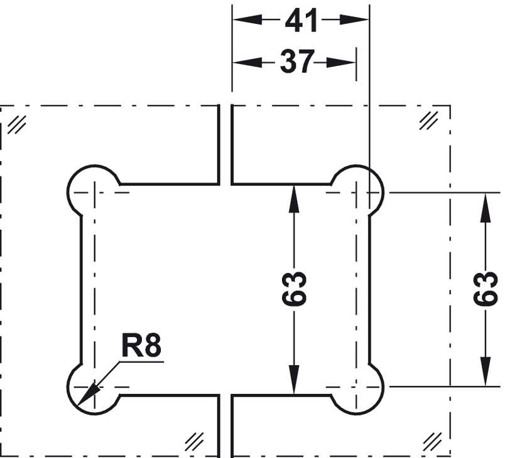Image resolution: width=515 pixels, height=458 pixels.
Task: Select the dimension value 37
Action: click(296, 62)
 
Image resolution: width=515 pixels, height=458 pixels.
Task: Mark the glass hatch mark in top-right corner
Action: click(429, 119)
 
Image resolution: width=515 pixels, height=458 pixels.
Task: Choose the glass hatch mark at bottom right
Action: click(433, 440)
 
